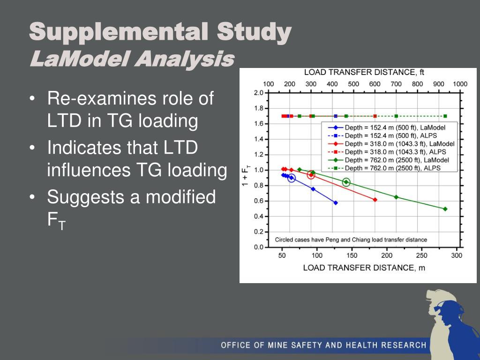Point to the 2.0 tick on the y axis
coord(258,93)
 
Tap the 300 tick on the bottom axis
coord(457,255)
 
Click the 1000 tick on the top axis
coord(460,84)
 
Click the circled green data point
coord(346,182)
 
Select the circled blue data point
coord(292,178)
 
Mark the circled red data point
coord(311,175)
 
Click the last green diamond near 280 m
coord(445,209)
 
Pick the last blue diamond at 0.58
coord(335,203)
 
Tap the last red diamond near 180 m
coord(375,200)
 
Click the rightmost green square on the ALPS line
coord(445,116)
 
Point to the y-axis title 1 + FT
coord(246,176)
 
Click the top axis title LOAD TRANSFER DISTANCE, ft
coord(364,73)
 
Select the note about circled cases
coord(351,240)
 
